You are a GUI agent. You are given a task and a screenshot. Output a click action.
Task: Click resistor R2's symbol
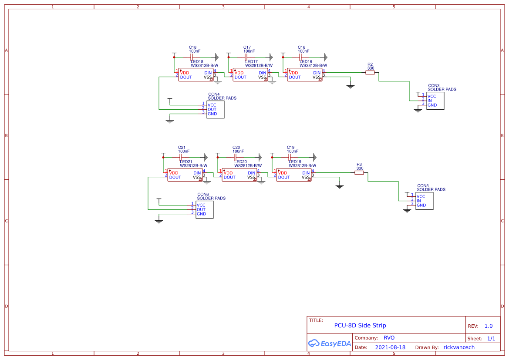click(x=370, y=73)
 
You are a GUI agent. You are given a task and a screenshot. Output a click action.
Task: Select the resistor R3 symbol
click(x=359, y=173)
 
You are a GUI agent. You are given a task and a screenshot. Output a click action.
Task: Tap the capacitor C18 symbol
click(x=192, y=57)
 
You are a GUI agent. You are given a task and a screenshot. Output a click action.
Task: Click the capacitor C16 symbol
click(x=300, y=57)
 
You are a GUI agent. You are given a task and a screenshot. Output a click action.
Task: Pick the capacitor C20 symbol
click(x=235, y=157)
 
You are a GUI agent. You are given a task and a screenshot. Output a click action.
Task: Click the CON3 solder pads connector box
click(x=435, y=101)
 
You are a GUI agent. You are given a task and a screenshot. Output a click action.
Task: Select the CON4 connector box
click(x=215, y=109)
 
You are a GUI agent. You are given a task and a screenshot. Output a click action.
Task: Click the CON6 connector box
click(x=204, y=209)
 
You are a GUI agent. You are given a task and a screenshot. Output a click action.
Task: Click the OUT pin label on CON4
click(x=212, y=109)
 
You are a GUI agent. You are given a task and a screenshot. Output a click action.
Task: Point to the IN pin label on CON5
click(x=419, y=201)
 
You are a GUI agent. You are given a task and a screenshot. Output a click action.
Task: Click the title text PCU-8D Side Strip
click(x=360, y=325)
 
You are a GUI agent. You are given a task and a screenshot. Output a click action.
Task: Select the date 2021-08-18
click(x=390, y=347)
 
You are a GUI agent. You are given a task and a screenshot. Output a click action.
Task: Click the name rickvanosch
click(x=459, y=347)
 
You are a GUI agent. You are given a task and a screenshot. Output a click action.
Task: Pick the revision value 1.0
click(x=489, y=326)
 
